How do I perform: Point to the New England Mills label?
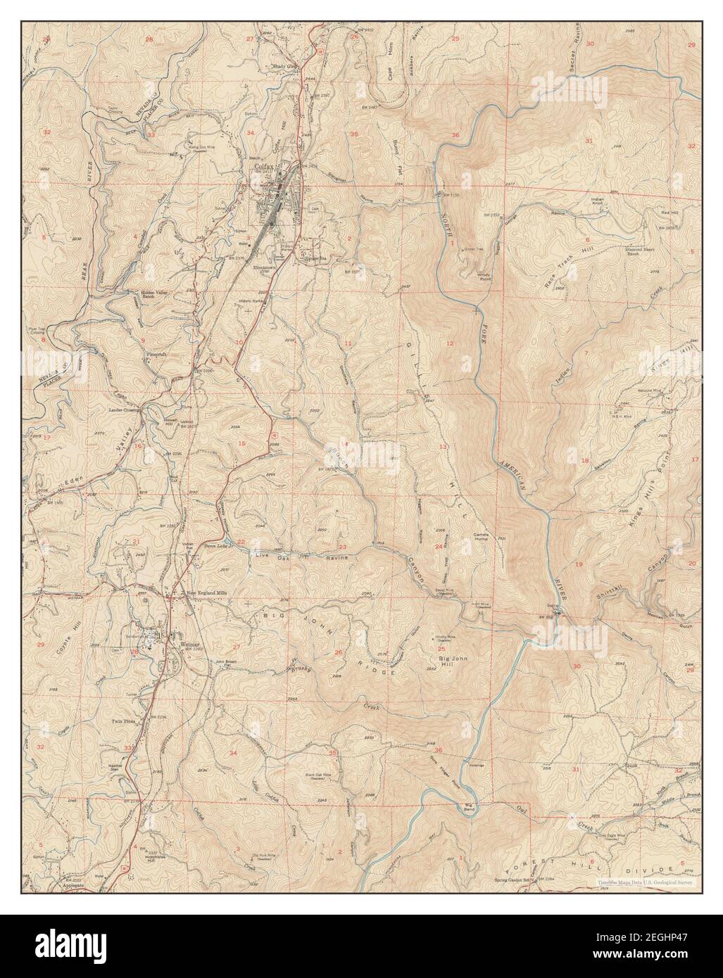[x=206, y=593]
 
